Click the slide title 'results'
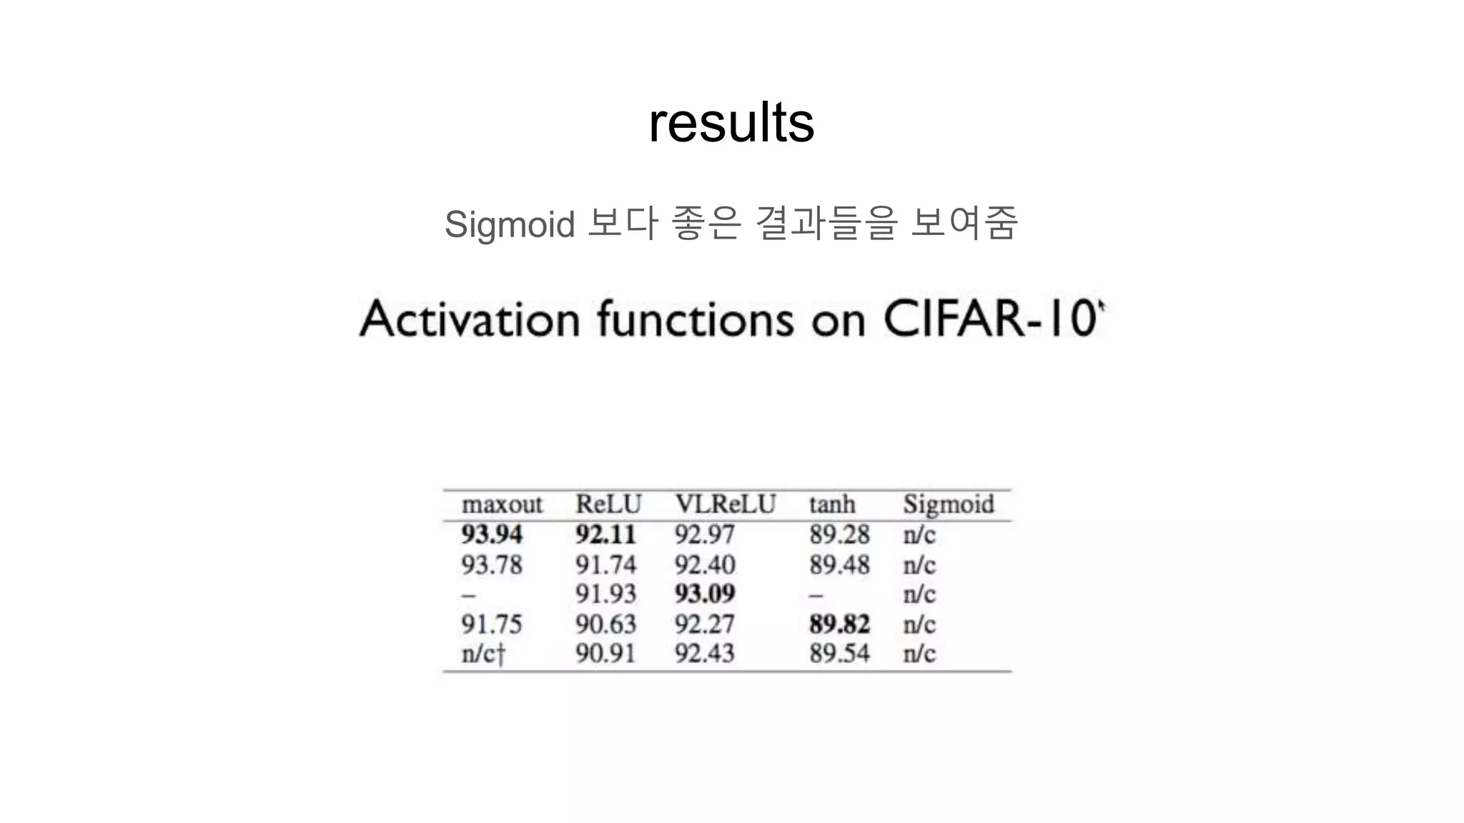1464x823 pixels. (731, 123)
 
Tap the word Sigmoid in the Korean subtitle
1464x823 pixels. (509, 224)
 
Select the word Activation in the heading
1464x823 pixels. (470, 319)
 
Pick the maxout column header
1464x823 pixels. (502, 504)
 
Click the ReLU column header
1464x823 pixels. (608, 504)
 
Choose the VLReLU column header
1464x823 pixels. (725, 504)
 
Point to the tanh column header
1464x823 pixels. (832, 504)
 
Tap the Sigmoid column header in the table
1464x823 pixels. (948, 504)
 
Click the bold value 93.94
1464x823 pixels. (492, 534)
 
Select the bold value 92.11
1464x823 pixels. (605, 534)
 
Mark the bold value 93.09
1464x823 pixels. (705, 594)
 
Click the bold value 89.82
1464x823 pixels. (839, 624)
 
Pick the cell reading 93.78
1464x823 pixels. (492, 564)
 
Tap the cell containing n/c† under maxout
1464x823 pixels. (483, 653)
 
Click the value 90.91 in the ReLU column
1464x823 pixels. (605, 653)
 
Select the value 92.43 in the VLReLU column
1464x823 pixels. (705, 653)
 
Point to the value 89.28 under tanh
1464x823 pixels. (839, 534)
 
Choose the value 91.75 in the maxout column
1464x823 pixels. (492, 624)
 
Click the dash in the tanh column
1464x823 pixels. (816, 594)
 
